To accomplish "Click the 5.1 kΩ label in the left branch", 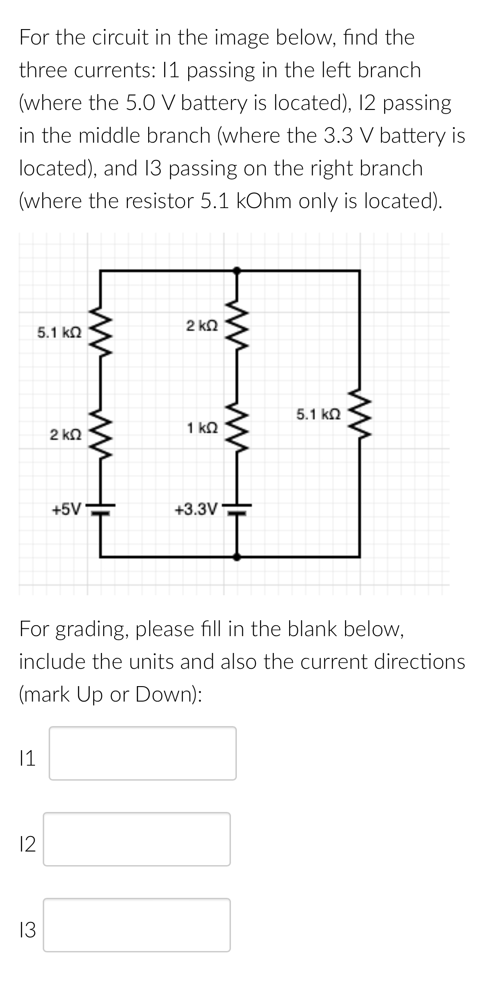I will (59, 333).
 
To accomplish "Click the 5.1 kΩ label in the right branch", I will (318, 414).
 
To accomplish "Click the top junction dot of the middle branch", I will (236, 270).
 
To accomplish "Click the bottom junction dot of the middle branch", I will (236, 556).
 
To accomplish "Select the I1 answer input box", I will (142, 753).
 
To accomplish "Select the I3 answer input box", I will (136, 925).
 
